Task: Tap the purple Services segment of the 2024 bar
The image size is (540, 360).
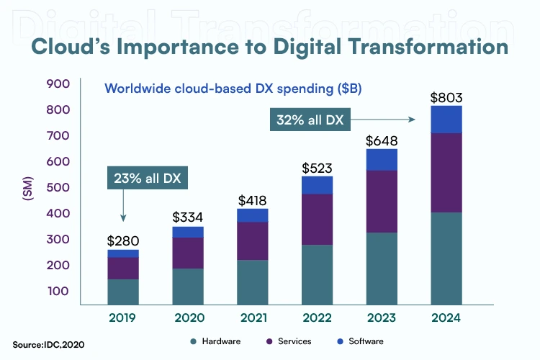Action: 446,173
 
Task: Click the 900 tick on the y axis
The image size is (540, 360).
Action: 58,84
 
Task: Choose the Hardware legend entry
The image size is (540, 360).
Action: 215,341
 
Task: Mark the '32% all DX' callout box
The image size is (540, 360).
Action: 309,120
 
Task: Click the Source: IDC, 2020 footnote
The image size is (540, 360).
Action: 48,345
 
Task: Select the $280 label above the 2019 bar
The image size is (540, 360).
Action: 123,240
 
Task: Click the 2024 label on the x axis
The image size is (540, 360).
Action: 446,318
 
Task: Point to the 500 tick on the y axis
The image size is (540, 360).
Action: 58,188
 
